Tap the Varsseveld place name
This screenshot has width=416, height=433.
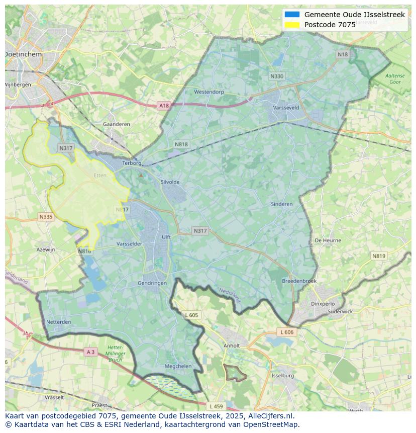tap(286, 108)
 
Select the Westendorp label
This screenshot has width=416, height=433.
tap(209, 92)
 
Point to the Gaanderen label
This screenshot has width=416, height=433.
tap(116, 124)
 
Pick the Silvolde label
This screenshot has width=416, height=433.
tap(170, 182)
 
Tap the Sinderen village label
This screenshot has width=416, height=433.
tap(281, 204)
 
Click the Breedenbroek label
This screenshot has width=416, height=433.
tap(299, 281)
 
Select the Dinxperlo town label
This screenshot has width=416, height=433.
tap(323, 304)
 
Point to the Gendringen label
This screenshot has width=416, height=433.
tap(152, 283)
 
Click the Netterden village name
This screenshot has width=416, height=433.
tap(58, 322)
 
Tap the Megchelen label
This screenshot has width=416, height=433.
tap(178, 367)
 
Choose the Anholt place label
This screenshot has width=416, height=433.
tap(232, 345)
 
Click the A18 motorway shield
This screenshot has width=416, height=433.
tap(164, 106)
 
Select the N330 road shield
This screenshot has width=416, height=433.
tap(277, 76)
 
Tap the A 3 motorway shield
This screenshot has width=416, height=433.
tap(90, 352)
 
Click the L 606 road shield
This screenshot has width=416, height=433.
tap(286, 332)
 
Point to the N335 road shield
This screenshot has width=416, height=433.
tap(46, 217)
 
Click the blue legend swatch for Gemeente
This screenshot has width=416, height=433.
tap(292, 15)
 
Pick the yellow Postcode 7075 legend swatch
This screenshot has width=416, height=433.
tap(292, 25)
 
